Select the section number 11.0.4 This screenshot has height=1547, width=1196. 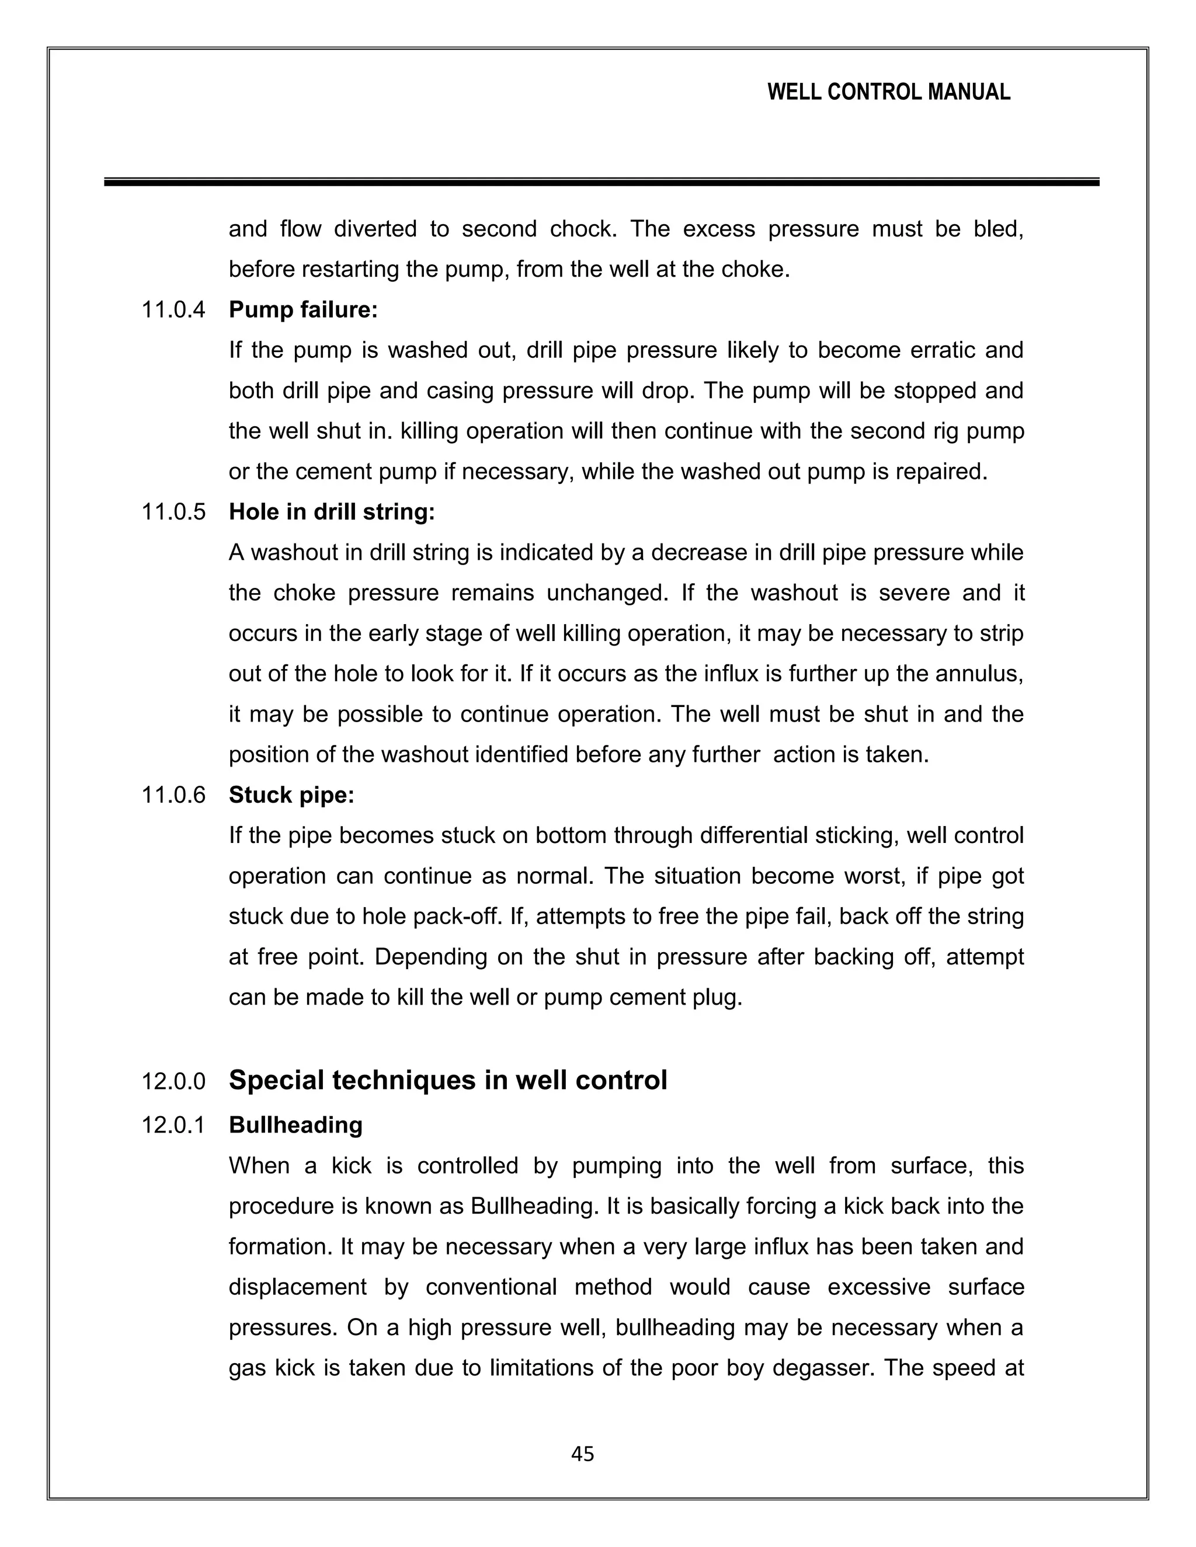[173, 309]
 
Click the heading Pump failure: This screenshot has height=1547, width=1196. [303, 309]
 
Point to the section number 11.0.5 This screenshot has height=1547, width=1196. [173, 511]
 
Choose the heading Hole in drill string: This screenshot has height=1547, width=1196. [332, 511]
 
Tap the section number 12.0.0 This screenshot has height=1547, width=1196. [173, 1082]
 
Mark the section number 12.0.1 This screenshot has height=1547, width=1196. [173, 1125]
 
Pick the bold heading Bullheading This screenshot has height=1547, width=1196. [295, 1125]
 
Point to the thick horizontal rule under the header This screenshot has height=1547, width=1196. [601, 182]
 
